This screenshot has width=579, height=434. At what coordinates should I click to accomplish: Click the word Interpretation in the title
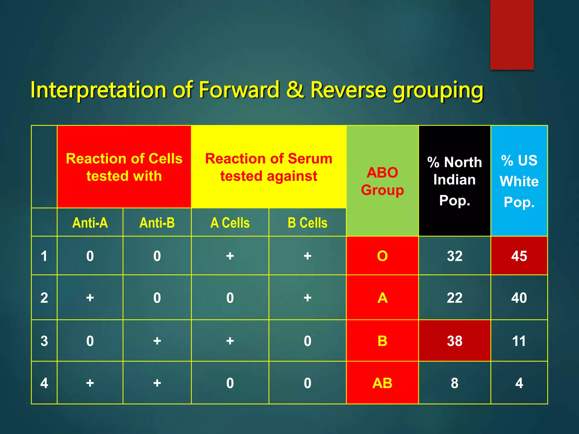pyautogui.click(x=98, y=90)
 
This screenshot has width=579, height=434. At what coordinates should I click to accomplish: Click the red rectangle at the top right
pyautogui.click(x=512, y=34)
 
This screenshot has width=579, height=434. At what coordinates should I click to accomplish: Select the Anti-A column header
pyautogui.click(x=90, y=223)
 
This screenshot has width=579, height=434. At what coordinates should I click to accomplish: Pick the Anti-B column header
pyautogui.click(x=157, y=223)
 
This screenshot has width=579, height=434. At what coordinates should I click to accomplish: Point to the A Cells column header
pyautogui.click(x=230, y=223)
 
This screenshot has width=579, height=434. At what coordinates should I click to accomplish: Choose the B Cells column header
pyautogui.click(x=307, y=223)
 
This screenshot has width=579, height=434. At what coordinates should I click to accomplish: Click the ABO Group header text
pyautogui.click(x=382, y=181)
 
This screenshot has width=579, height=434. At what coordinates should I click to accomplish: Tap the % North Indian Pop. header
pyautogui.click(x=454, y=181)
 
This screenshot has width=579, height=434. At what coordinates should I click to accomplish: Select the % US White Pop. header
pyautogui.click(x=519, y=181)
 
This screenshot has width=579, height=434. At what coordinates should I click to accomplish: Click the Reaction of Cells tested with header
pyautogui.click(x=124, y=167)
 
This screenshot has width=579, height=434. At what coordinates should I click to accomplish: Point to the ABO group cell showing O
pyautogui.click(x=382, y=256)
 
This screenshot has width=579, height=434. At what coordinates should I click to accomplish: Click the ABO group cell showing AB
pyautogui.click(x=382, y=383)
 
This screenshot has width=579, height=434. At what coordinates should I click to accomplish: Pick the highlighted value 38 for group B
pyautogui.click(x=454, y=341)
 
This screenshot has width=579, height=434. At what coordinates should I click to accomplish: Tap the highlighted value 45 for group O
pyautogui.click(x=519, y=256)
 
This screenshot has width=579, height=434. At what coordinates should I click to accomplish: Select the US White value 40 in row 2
pyautogui.click(x=519, y=298)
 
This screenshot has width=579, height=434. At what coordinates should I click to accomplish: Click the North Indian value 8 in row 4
pyautogui.click(x=454, y=383)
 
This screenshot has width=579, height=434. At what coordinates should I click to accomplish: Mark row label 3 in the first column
pyautogui.click(x=44, y=341)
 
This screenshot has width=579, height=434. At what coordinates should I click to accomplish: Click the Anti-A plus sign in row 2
pyautogui.click(x=90, y=298)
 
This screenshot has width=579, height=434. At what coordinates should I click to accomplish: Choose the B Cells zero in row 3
pyautogui.click(x=307, y=341)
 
